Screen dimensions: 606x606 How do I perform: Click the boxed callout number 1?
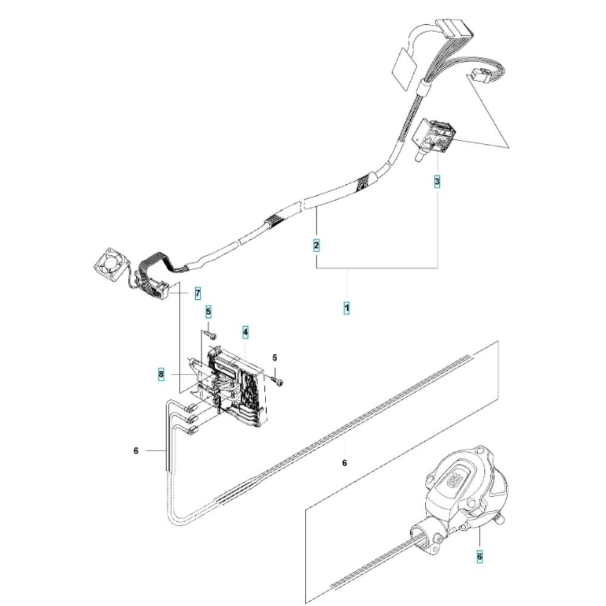coord(347,308)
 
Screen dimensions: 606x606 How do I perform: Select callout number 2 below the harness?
coord(316,245)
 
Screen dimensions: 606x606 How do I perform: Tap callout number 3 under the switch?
coord(437,181)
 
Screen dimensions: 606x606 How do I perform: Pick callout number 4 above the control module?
coord(245,331)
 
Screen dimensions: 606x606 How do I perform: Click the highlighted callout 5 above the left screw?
coord(208,312)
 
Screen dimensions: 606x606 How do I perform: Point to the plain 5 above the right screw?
coord(275,358)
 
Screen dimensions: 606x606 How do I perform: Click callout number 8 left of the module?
coord(161,375)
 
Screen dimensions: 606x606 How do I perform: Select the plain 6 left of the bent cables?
coord(136,450)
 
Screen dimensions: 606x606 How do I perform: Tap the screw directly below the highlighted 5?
coord(210,333)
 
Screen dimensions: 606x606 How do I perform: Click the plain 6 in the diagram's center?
coord(344,463)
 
